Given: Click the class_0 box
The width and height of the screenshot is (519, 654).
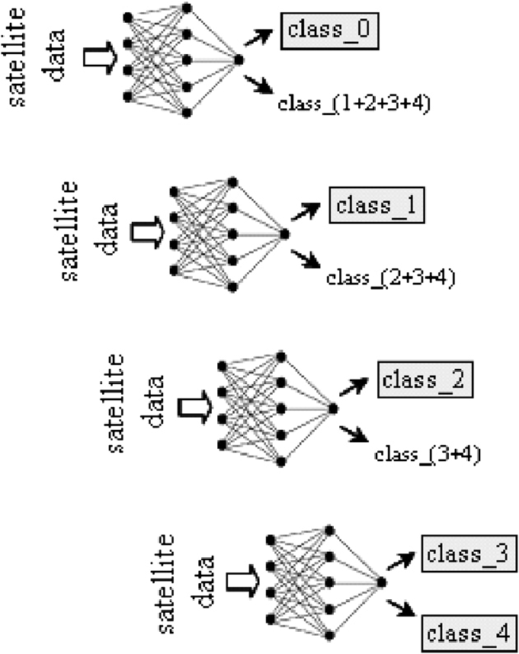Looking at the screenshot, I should coord(330,31).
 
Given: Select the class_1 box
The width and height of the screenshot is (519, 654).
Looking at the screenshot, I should coord(376,206).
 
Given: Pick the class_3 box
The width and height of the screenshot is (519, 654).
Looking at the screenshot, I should coord(467,555).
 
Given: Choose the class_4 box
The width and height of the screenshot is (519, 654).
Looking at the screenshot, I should coord(467,633).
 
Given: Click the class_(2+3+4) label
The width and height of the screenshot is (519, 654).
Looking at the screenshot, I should coord(391,277).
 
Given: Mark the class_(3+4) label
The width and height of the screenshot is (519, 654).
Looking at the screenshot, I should coord(426,455).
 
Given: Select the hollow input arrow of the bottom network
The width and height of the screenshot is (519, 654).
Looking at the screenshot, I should coord(241,582).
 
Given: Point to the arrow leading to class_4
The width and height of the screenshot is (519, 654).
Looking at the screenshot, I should coord(403,607).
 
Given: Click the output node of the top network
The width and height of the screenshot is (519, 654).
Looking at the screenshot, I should coord(239,59).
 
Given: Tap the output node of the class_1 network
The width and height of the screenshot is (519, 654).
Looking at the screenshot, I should coord(284,234).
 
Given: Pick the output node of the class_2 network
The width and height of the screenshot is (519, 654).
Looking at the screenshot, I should coord(332,409).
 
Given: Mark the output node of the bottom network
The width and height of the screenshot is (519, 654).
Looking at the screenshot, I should coord(381,583).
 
